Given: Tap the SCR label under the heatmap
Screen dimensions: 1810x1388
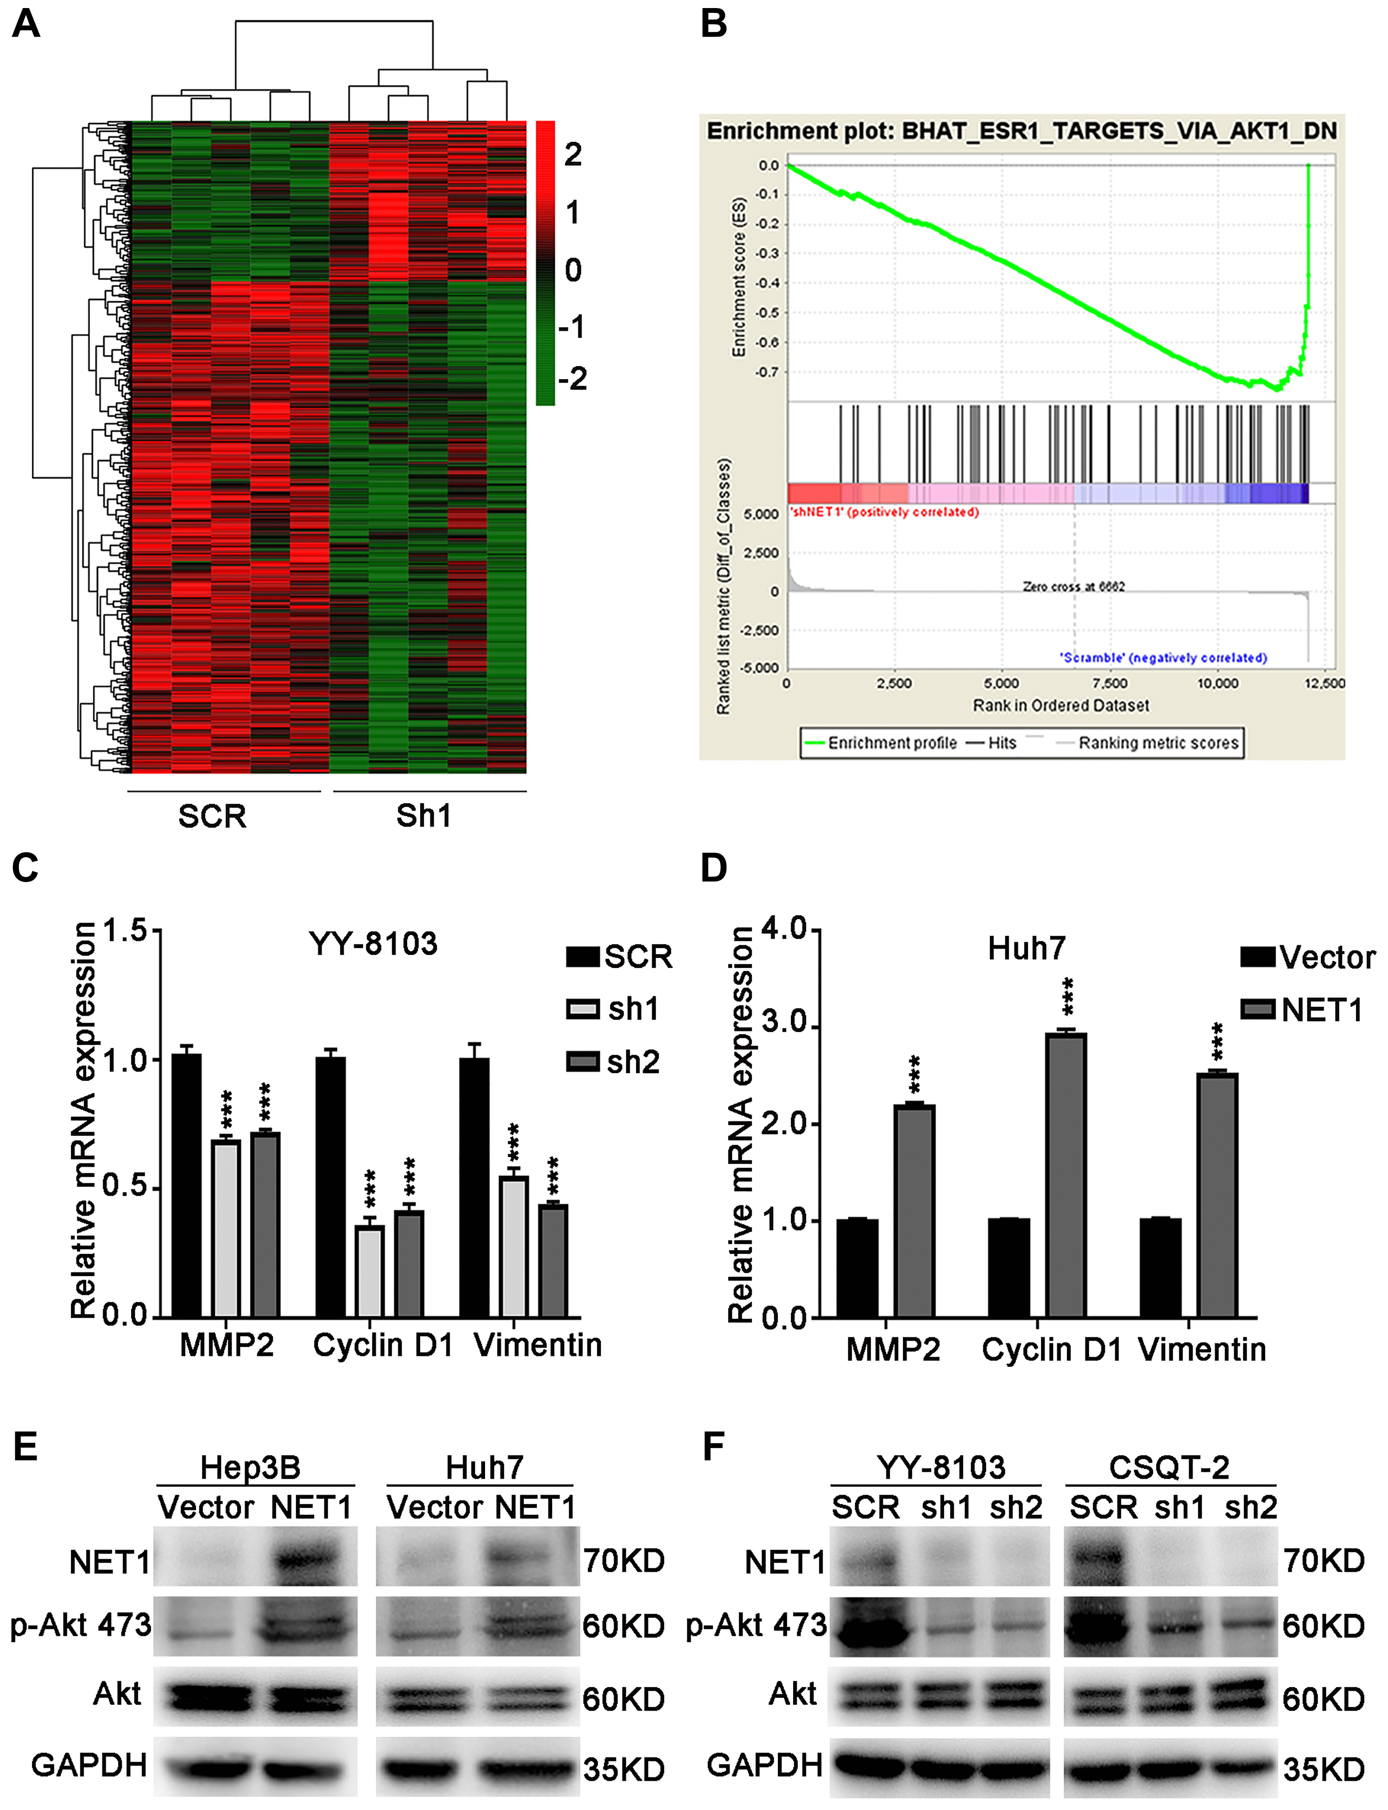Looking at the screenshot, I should [x=212, y=816].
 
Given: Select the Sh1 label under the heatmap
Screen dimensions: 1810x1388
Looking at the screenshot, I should [x=424, y=816].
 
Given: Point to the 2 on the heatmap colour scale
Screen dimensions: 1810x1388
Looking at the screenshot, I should [x=573, y=154].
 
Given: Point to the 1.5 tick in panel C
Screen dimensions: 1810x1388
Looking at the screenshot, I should [x=124, y=931].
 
